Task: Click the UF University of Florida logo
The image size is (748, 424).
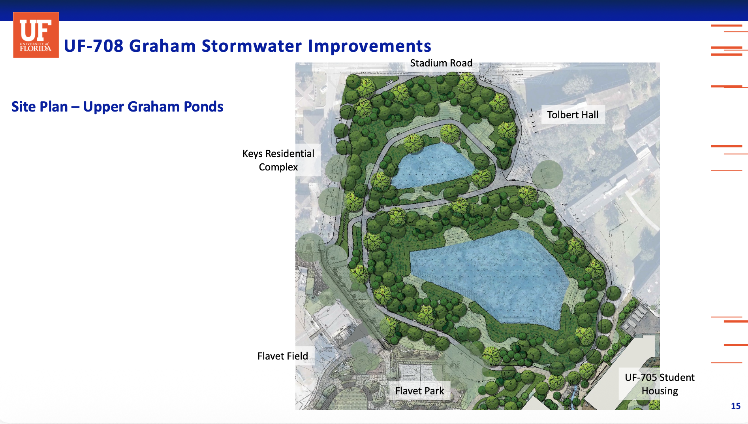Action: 36,35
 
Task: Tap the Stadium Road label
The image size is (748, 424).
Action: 441,63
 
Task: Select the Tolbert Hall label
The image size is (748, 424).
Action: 573,115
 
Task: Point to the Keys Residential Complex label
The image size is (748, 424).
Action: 278,160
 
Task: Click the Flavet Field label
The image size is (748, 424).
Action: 283,356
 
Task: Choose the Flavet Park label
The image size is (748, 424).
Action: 419,391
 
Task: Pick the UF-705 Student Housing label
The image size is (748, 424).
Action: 660,384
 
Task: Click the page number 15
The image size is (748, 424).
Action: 736,406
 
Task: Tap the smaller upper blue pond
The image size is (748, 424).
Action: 432,165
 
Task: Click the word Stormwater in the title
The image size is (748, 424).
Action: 252,46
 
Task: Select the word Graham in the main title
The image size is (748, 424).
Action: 162,46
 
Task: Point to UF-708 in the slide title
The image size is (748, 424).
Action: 94,46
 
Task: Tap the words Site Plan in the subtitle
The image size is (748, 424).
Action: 39,107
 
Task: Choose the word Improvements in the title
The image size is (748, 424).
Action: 370,46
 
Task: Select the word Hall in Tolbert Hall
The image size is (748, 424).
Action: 589,115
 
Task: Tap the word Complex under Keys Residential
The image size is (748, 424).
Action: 278,167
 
